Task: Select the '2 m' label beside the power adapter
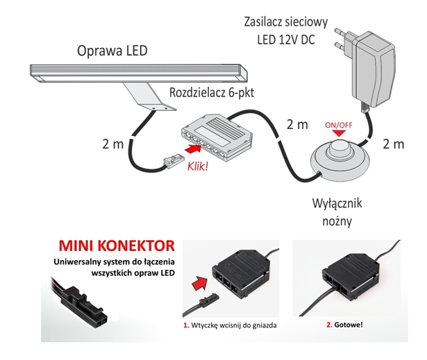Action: tap(393, 145)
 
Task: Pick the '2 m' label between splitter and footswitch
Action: tap(297, 126)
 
